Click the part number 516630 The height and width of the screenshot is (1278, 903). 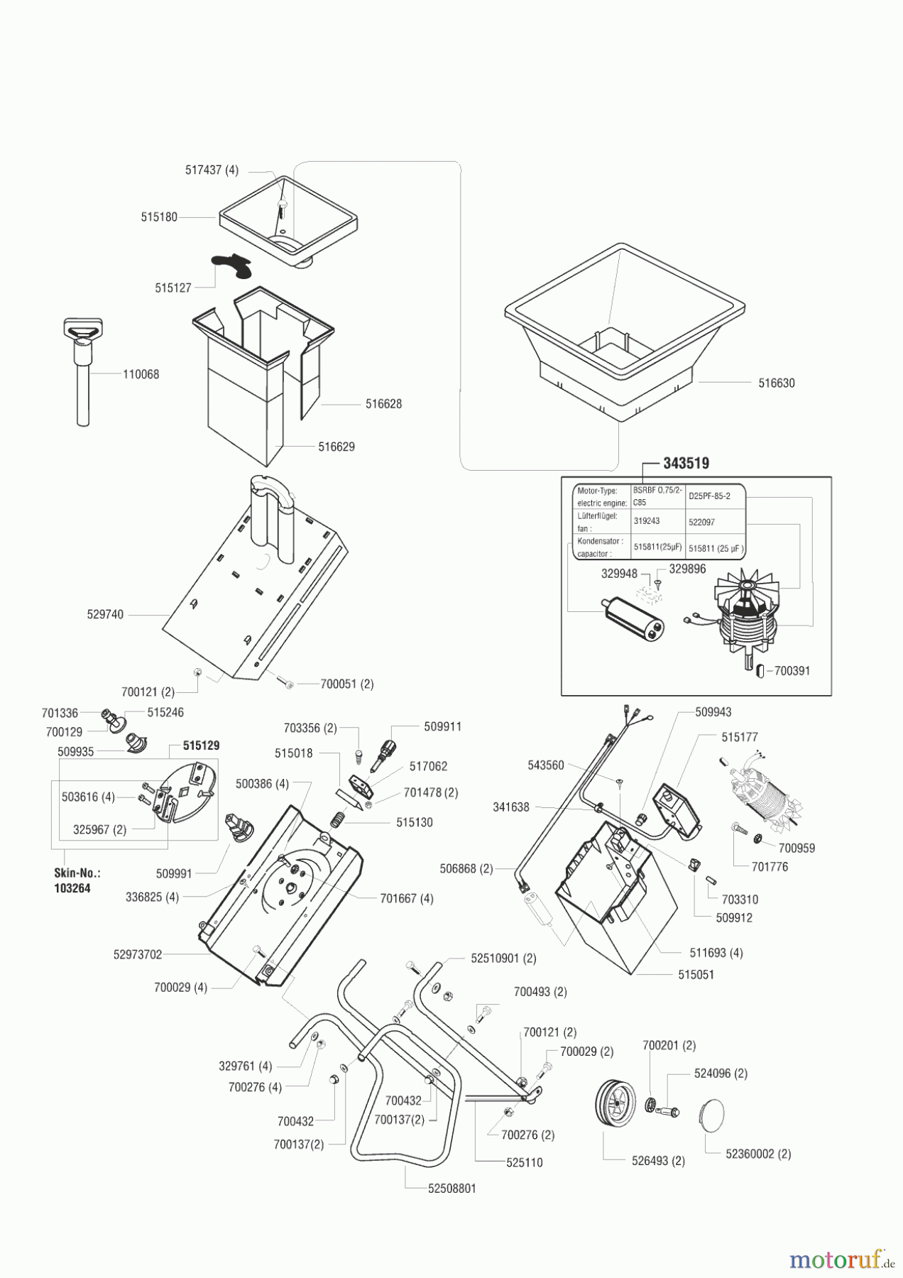coord(776,383)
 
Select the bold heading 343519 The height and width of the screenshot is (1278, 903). coord(686,464)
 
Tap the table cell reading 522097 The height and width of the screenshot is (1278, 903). coord(701,522)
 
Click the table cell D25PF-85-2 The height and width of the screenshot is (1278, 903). coord(708,496)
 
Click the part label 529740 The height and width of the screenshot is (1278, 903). coord(105,615)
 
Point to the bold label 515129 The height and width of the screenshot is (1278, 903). coord(201,746)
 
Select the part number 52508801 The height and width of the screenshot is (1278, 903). coord(451,1188)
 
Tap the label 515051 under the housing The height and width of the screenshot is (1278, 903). coord(696,975)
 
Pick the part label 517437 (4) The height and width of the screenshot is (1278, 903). coord(212,170)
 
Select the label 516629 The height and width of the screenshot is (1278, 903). coord(336,447)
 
